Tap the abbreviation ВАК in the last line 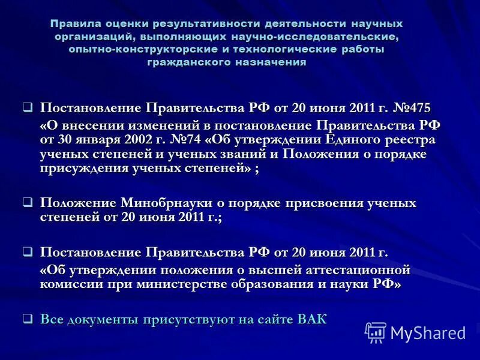click(312, 319)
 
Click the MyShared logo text click(428, 332)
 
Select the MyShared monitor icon click(376, 332)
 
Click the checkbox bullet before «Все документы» click(27, 319)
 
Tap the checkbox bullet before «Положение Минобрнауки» click(27, 203)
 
